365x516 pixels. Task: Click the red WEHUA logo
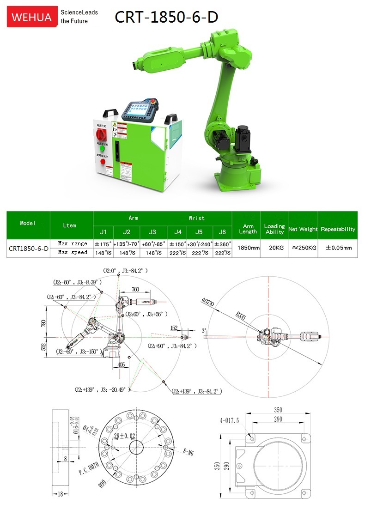pos(30,17)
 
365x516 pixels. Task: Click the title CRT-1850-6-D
pos(166,17)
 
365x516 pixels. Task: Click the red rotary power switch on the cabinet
pos(100,134)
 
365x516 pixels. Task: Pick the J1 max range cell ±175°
pos(103,243)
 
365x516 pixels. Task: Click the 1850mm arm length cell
pos(248,248)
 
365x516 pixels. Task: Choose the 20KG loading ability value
pos(275,248)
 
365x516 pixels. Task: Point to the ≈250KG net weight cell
pos(303,248)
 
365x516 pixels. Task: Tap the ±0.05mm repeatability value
pos(338,248)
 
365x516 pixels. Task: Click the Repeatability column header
pos(338,229)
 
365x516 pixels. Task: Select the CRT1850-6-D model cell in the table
pos(29,248)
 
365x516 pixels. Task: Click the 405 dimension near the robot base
pos(121,364)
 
